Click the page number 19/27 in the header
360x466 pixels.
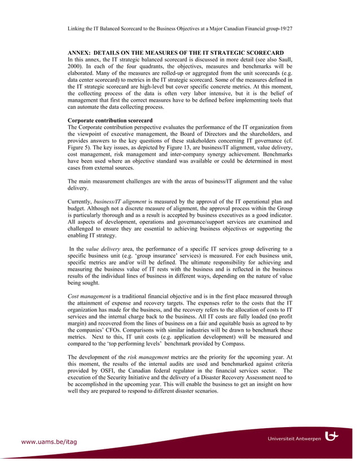[286, 28]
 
